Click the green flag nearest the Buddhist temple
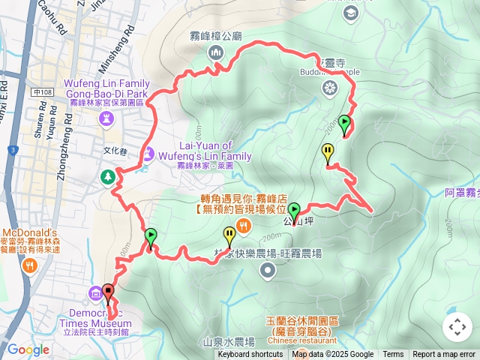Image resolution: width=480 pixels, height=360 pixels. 344,123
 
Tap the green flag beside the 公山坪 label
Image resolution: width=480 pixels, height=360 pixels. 294,211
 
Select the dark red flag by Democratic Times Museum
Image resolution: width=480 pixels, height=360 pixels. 108,292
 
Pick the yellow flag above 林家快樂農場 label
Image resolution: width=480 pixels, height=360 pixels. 229,234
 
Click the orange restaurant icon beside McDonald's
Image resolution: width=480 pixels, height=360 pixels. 28,265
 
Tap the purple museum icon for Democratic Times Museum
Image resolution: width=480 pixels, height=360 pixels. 95,292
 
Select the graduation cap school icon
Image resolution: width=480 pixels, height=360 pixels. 350,13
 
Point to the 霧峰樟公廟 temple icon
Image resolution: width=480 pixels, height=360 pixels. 215,52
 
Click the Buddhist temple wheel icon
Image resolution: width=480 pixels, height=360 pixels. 328,88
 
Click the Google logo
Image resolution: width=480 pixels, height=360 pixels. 28,349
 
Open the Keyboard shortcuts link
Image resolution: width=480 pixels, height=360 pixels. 250,355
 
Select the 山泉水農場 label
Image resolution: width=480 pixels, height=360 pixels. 229,342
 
